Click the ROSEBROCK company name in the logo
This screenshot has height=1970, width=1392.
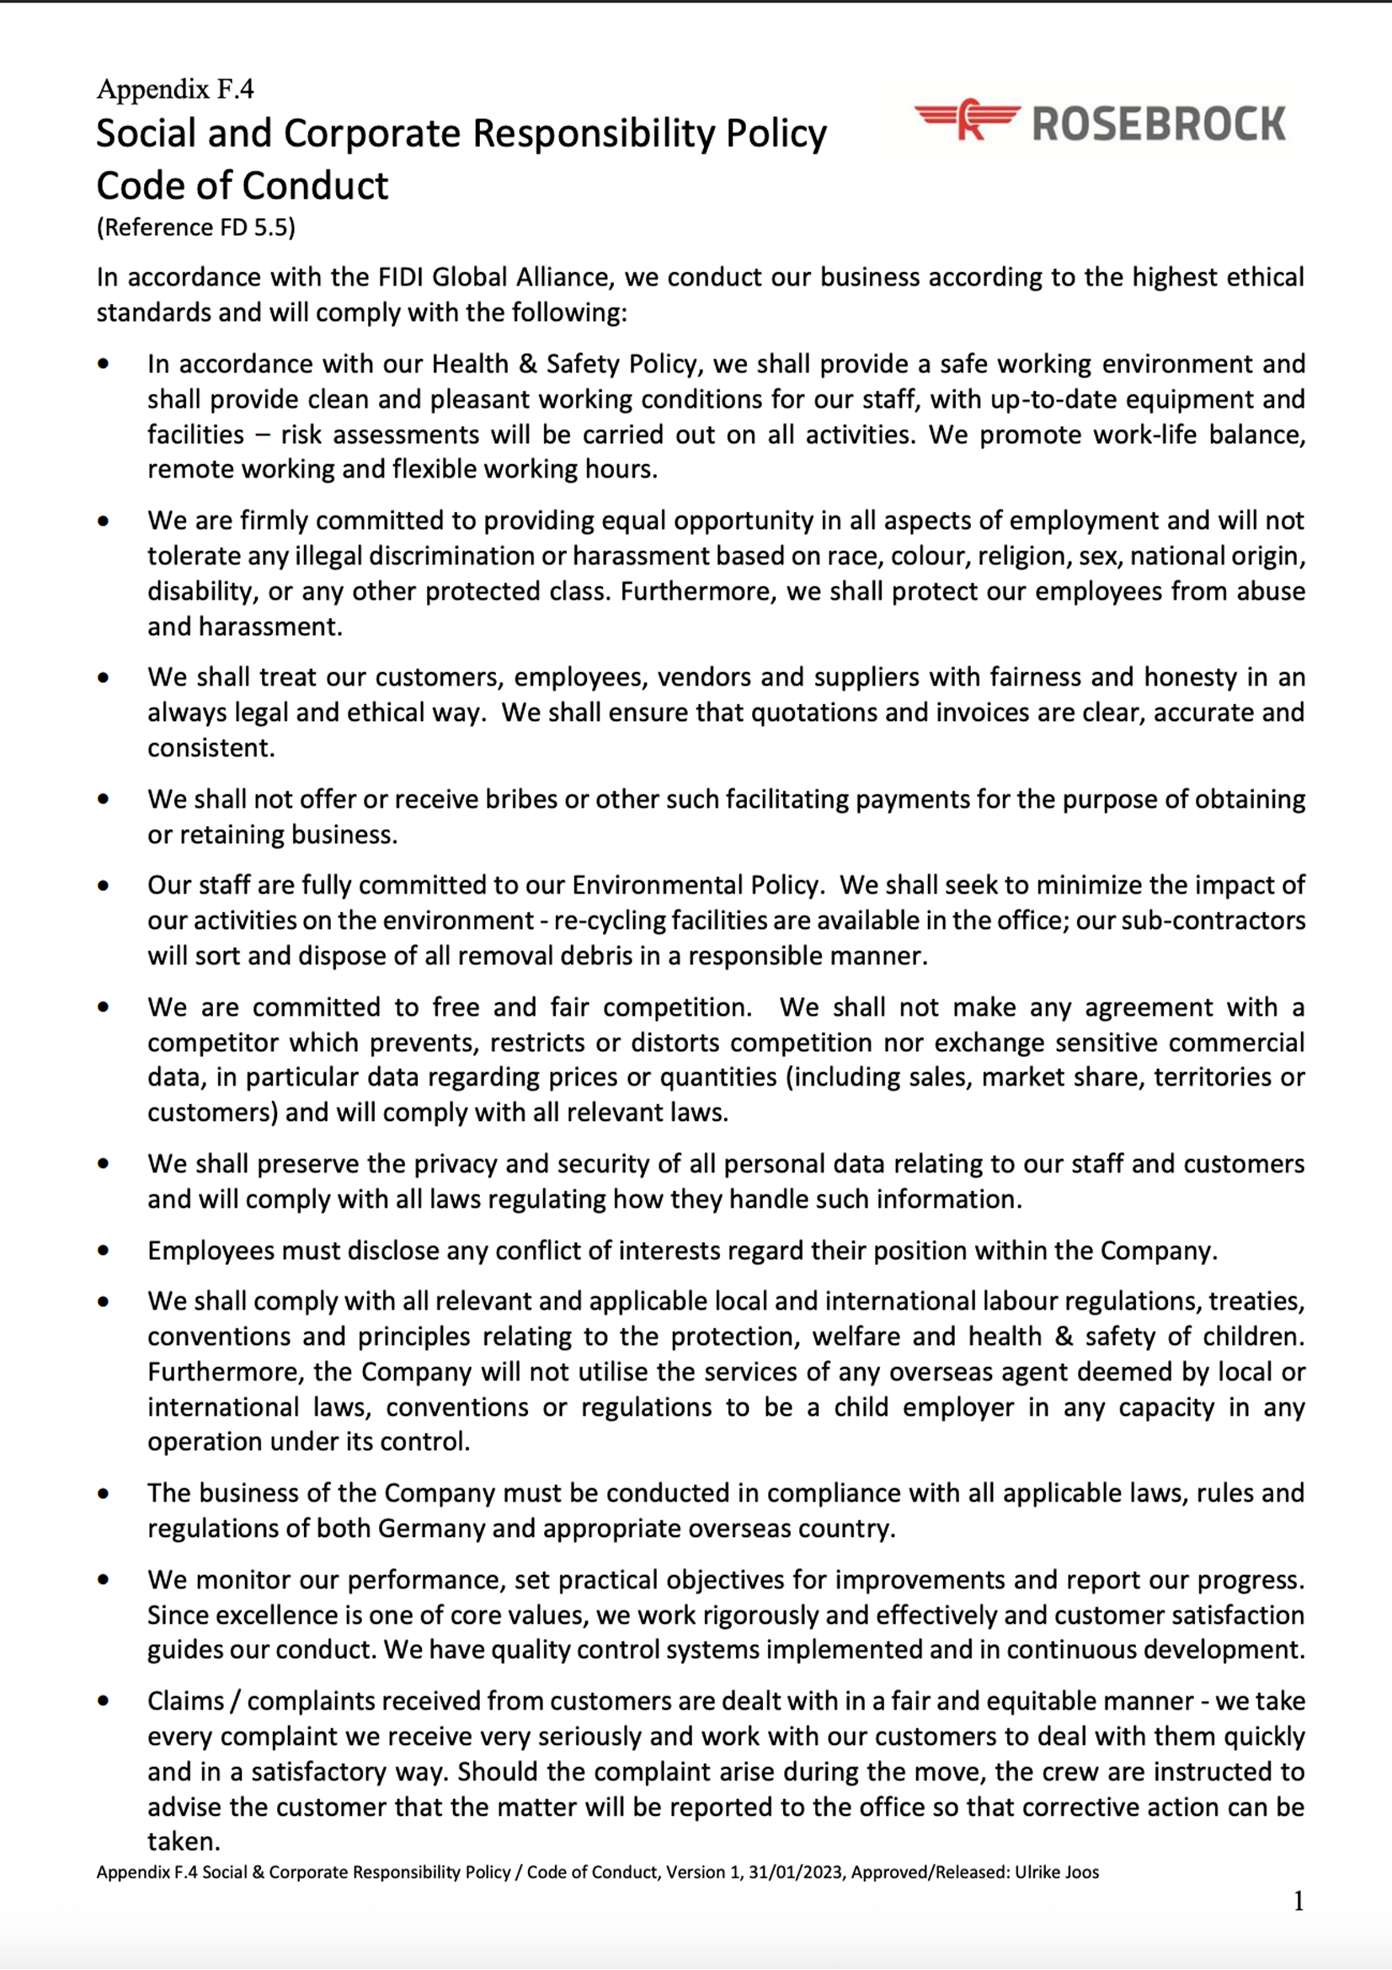(x=1159, y=124)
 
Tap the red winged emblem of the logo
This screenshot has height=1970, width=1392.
(x=968, y=120)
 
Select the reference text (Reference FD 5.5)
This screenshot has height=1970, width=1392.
(x=195, y=227)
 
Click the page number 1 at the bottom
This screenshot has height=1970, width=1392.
(x=1299, y=1903)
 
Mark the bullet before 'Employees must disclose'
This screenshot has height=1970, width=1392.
(x=104, y=1250)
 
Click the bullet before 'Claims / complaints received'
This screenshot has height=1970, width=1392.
(x=104, y=1700)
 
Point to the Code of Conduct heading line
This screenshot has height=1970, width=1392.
(x=242, y=185)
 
